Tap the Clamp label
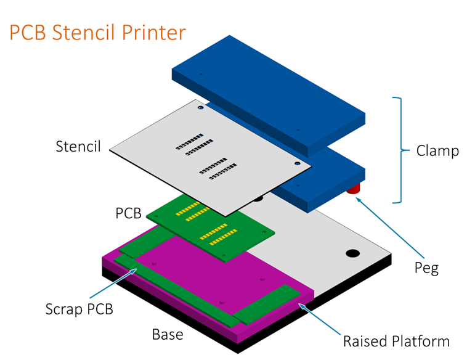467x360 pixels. [437, 150]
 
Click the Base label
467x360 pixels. [168, 335]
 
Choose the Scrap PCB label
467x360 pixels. [79, 309]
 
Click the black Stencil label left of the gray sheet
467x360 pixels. [78, 147]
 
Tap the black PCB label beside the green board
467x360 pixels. [128, 213]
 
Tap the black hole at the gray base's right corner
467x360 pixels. [352, 253]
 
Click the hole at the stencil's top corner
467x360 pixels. [201, 108]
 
